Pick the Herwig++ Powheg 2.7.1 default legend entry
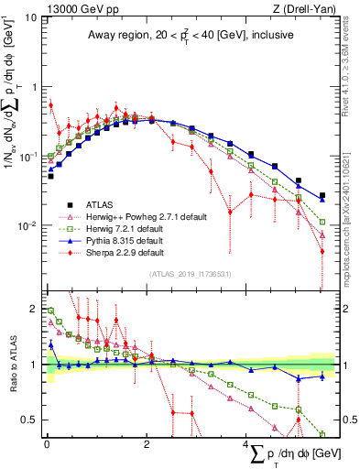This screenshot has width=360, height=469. point(138,216)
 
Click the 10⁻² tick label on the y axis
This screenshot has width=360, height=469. point(27,226)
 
